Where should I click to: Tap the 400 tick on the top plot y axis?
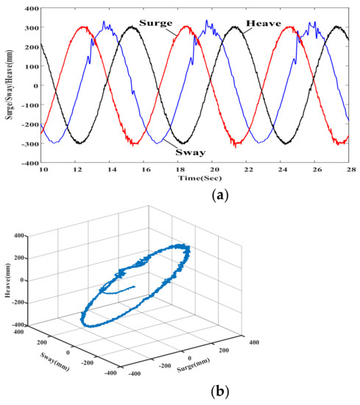pyautogui.click(x=31, y=8)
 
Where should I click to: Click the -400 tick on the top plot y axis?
pyautogui.click(x=29, y=163)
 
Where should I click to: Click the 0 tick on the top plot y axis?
pyautogui.click(x=35, y=85)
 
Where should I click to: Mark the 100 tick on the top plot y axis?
pyautogui.click(x=31, y=66)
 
